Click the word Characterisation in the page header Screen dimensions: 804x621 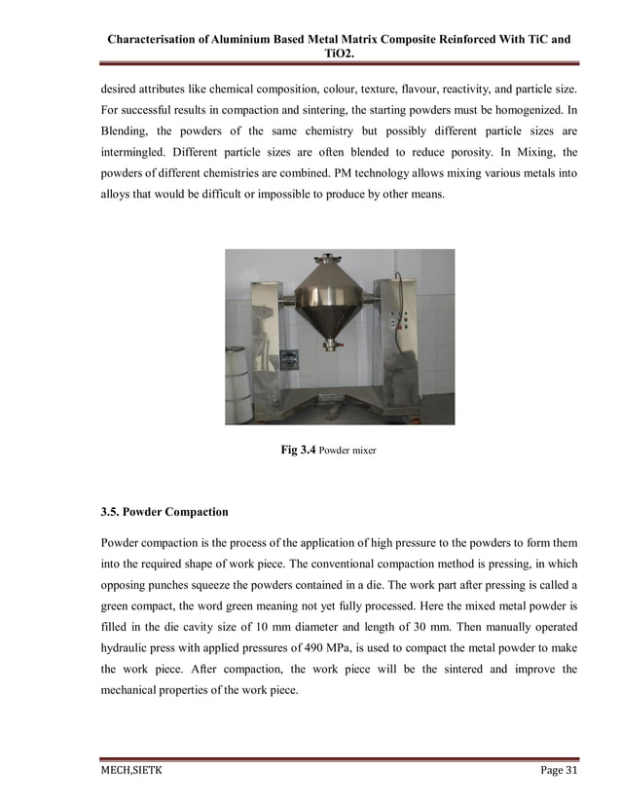(155, 40)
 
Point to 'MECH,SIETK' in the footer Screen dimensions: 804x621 (132, 771)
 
